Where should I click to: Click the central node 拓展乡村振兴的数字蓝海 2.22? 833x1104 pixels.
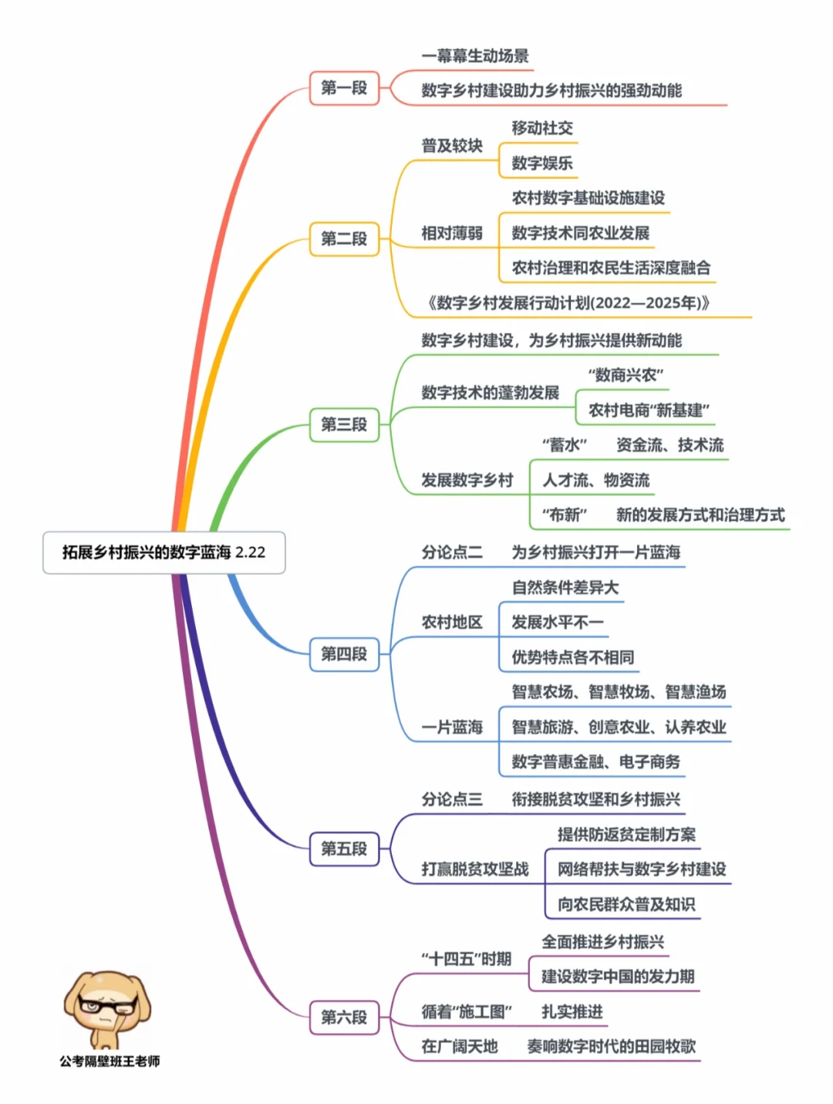[x=164, y=552]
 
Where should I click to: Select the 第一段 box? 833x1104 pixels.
[x=344, y=88]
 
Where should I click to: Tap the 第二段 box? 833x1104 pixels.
[x=344, y=238]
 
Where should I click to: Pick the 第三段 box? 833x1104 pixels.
[x=344, y=424]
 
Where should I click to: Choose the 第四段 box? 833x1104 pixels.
[x=344, y=654]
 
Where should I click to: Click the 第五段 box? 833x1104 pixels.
[x=344, y=849]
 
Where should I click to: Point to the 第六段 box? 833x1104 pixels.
[x=344, y=1017]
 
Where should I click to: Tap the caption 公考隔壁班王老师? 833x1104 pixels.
[x=110, y=1062]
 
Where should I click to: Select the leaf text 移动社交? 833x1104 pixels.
[x=542, y=128]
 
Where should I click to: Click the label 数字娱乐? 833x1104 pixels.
[x=542, y=163]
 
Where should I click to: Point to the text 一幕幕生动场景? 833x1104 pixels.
[x=475, y=56]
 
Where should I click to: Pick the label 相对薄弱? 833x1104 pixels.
[x=452, y=233]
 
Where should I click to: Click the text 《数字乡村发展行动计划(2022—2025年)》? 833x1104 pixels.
[x=568, y=302]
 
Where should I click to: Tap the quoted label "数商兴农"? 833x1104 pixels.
[x=626, y=375]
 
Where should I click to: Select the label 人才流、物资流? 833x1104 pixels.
[x=595, y=480]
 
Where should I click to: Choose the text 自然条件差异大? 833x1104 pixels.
[x=565, y=587]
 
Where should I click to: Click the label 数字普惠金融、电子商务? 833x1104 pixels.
[x=596, y=761]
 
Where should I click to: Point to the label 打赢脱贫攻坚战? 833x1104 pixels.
[x=475, y=869]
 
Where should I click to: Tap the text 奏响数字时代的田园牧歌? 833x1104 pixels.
[x=611, y=1046]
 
